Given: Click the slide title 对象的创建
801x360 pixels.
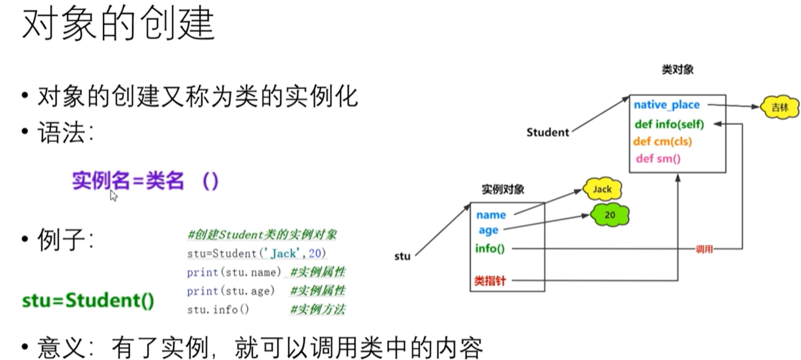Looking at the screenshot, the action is point(119,26).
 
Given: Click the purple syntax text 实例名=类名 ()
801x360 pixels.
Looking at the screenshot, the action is point(144,181).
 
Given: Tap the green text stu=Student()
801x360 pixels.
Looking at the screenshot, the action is point(88,300).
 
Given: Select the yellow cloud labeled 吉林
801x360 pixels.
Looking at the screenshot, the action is point(779,107).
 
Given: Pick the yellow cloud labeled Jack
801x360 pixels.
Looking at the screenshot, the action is point(602,190).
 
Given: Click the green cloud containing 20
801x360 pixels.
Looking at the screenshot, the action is point(610,214).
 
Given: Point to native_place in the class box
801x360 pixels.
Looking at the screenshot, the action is point(666,105).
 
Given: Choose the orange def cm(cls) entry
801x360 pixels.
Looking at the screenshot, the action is point(662,142).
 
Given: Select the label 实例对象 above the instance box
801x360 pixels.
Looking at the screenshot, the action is point(502,190).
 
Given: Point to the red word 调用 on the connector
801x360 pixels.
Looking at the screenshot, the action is point(705,249).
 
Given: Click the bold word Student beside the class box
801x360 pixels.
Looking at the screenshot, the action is point(547,132).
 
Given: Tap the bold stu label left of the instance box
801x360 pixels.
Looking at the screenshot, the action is point(403,256).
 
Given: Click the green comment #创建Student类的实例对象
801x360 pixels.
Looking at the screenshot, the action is point(261,235).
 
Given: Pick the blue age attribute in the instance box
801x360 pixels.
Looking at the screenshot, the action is point(489,231).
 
